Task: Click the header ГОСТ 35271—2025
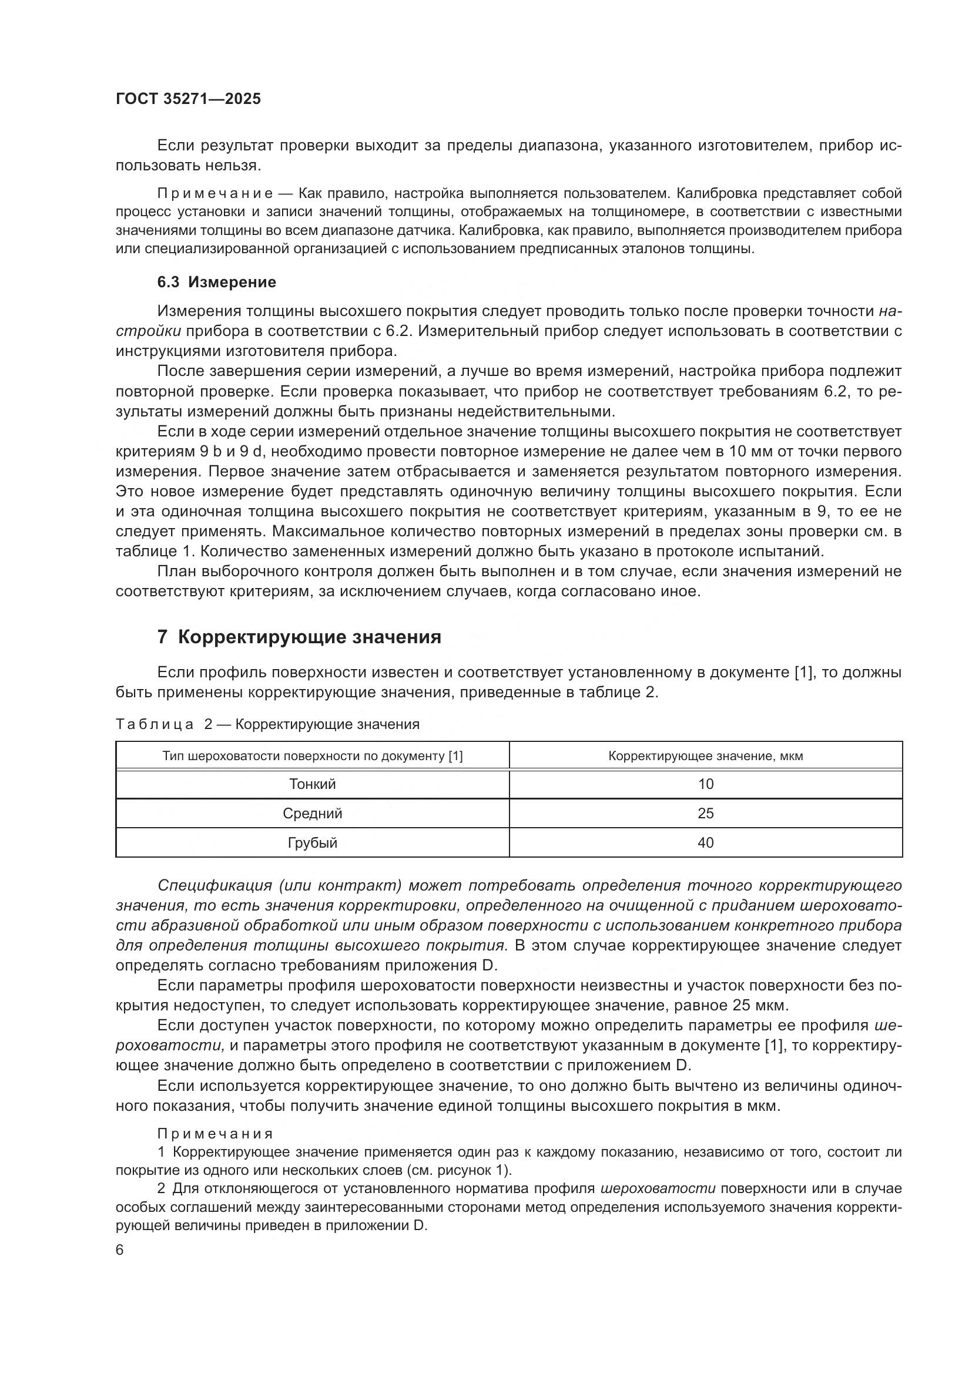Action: coord(188,99)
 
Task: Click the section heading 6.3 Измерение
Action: coord(217,282)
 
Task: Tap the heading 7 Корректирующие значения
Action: coord(299,637)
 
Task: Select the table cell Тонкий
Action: coord(313,784)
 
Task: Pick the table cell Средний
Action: coord(313,813)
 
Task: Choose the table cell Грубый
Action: coord(313,842)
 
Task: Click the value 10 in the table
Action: coord(706,784)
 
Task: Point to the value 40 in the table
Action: coord(706,842)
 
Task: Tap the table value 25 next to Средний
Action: coord(706,813)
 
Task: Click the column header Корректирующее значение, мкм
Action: coord(706,756)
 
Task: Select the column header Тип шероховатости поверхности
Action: coord(313,756)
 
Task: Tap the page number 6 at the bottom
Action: coord(120,1250)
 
